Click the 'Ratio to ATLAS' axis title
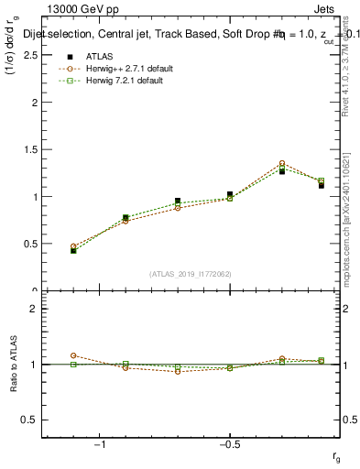point(14,364)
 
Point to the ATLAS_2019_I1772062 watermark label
point(191,274)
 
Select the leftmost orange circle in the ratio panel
point(73,355)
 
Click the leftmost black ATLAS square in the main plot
point(73,250)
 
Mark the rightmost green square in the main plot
point(321,180)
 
